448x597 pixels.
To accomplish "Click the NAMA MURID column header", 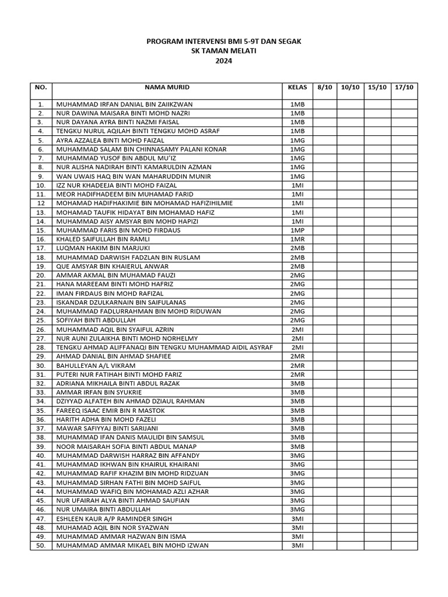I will tap(167, 87).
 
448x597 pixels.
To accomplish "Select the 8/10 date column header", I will tap(325, 87).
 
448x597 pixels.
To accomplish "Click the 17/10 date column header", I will tap(404, 87).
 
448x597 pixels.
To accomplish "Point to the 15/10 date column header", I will tap(377, 87).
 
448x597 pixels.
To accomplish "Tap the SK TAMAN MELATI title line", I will tap(224, 51).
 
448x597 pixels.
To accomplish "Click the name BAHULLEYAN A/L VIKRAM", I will tap(92, 365).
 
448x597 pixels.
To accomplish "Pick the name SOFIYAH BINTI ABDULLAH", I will tap(96, 320).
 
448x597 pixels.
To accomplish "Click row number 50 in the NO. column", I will tap(41, 546).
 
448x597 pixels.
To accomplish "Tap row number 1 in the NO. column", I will tap(41, 104).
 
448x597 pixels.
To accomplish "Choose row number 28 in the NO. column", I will tap(41, 347).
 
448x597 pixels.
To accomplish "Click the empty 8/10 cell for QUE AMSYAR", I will tap(325, 266).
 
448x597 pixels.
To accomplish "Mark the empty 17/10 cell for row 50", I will tap(404, 546).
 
